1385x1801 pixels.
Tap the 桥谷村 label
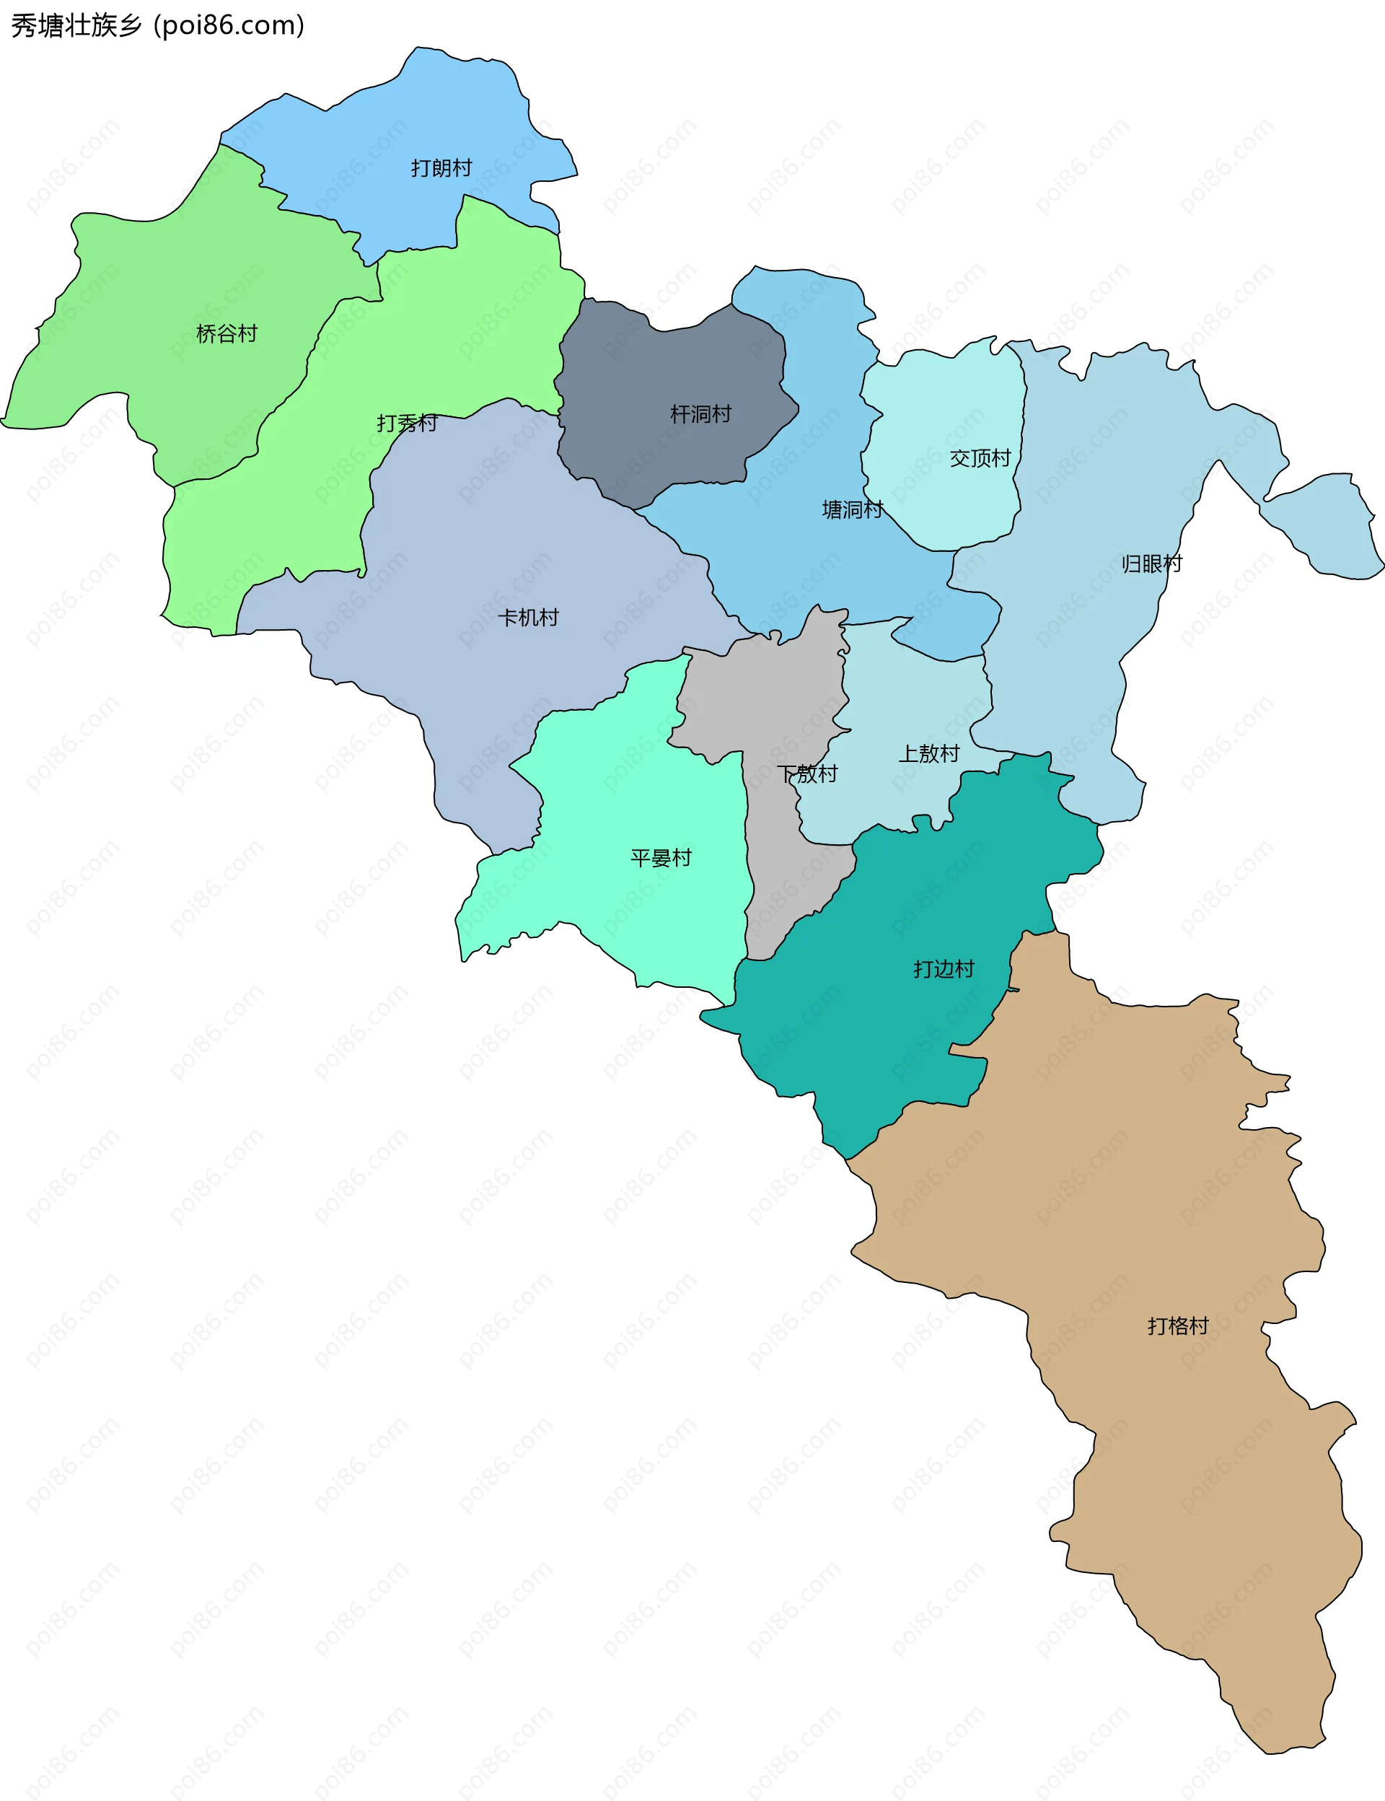227,334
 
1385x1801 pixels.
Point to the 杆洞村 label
700,414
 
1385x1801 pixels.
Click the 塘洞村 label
853,509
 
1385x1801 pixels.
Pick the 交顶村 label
980,458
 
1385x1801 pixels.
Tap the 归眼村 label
1152,564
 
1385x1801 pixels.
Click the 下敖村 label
807,774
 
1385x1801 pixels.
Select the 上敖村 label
928,754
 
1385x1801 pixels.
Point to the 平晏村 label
660,859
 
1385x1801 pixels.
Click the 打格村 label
1177,1326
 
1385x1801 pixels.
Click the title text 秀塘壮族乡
76,25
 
